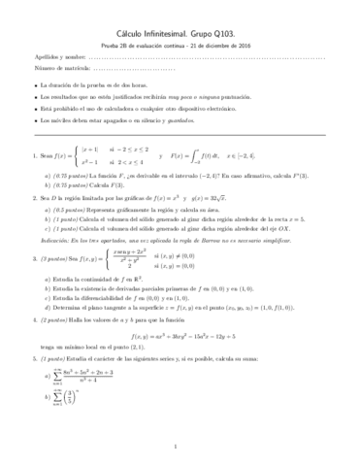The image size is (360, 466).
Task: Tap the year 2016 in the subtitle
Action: click(246, 45)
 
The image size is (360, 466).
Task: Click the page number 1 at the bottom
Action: click(180, 448)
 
